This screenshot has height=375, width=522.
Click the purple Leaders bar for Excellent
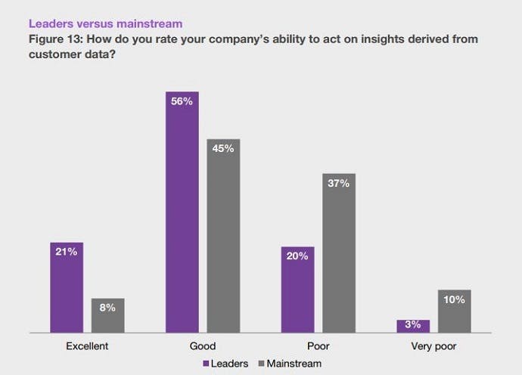(67, 287)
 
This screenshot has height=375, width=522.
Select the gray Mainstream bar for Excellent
(108, 315)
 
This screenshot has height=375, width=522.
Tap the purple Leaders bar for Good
(182, 212)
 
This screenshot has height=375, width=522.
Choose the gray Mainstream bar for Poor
(339, 253)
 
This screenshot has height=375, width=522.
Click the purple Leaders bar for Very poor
(413, 326)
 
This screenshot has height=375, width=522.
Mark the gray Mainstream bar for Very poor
(454, 311)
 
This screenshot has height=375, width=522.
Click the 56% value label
(182, 101)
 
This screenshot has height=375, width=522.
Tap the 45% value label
(223, 149)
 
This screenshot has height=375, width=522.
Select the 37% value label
(339, 184)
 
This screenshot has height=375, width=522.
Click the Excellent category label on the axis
(88, 347)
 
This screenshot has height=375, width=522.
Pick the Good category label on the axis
(202, 347)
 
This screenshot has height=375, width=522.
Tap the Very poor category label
(433, 347)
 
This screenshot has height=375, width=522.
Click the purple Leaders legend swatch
(207, 364)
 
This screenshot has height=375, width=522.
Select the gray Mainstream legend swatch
(263, 364)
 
